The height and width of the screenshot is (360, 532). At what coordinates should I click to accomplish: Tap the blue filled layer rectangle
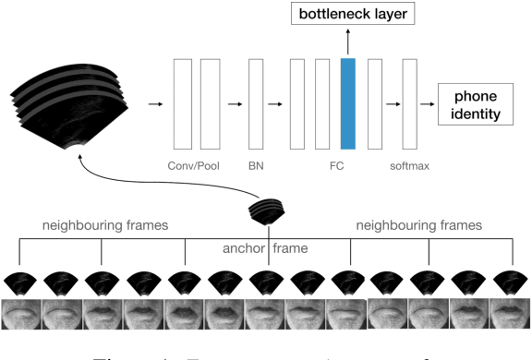tap(347, 102)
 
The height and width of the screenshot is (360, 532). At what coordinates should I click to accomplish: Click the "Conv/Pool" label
tap(197, 167)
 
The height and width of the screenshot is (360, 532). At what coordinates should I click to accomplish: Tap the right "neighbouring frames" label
tap(419, 224)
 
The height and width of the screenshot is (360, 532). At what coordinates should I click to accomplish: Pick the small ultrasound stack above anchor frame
tap(268, 212)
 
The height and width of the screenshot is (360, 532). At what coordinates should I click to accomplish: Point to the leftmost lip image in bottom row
tap(20, 314)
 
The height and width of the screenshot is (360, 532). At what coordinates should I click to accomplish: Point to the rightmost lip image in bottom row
tap(512, 314)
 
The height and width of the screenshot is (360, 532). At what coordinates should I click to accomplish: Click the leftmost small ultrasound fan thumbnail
tap(20, 282)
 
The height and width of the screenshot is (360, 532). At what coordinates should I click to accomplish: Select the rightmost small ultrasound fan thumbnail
tap(512, 282)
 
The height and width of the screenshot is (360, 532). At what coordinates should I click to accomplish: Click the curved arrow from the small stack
tap(139, 181)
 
